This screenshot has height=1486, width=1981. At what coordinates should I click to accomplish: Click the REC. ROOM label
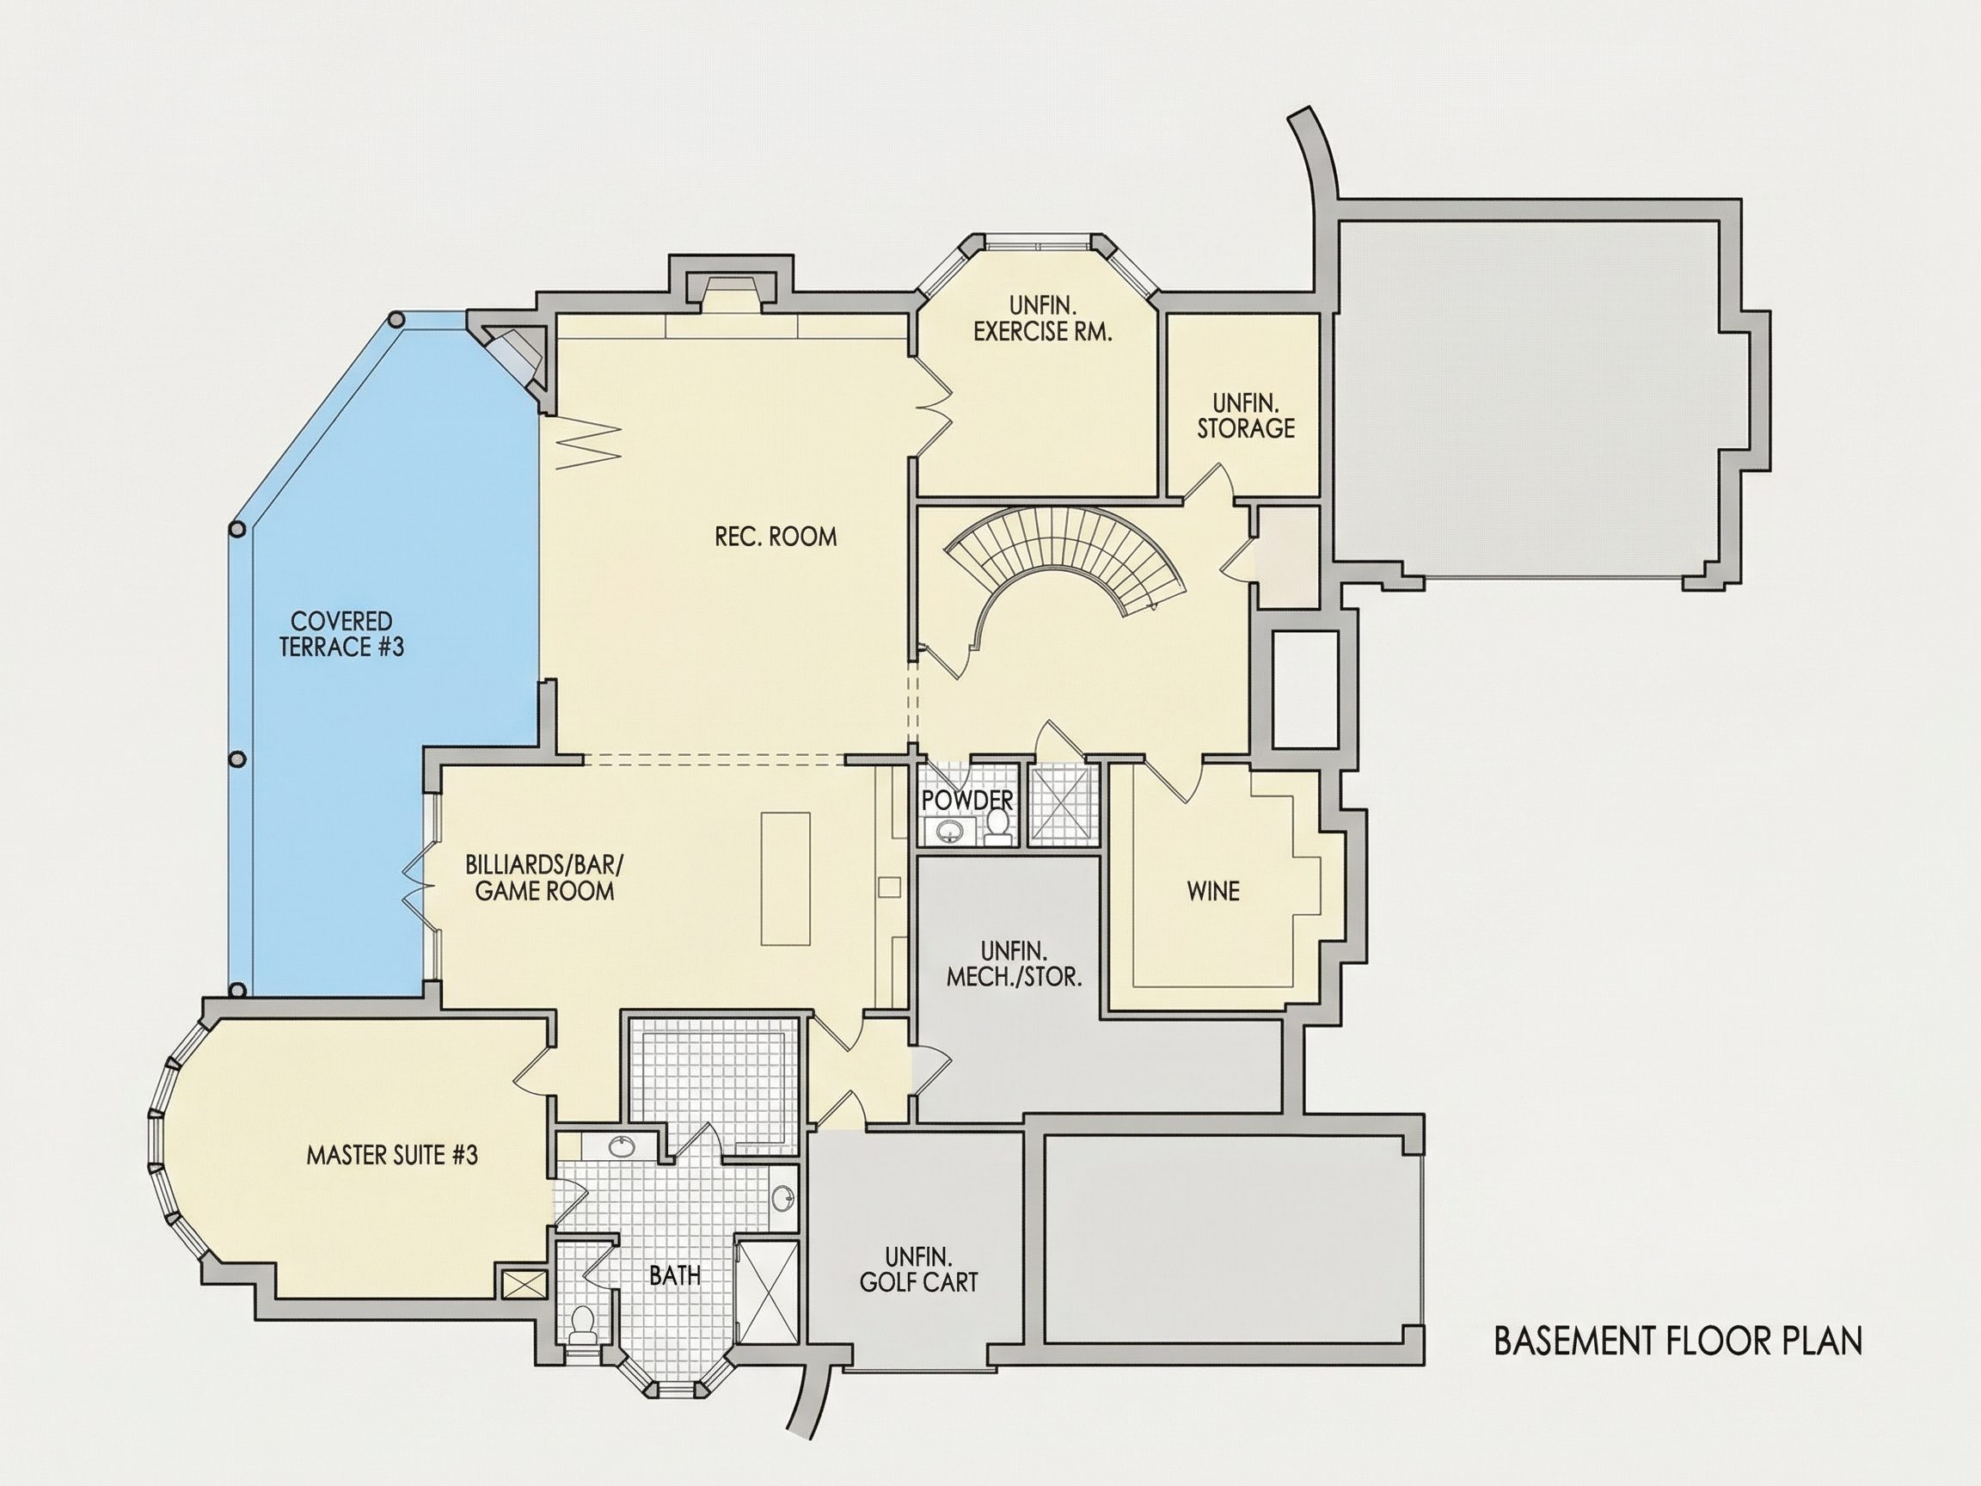point(776,537)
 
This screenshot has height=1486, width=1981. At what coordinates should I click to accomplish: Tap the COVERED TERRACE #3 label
point(341,633)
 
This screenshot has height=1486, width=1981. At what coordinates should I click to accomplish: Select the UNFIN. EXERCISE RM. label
point(1042,319)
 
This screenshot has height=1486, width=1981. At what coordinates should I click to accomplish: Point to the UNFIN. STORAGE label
point(1246,414)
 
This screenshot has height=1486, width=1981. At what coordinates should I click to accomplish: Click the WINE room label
point(1213,890)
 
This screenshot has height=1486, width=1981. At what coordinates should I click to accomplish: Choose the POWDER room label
point(967,800)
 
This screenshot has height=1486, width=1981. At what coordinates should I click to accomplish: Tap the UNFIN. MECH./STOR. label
point(1014,963)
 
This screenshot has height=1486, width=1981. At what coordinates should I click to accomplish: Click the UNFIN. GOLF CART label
point(918,1269)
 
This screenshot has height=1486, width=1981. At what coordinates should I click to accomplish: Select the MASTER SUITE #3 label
point(391,1155)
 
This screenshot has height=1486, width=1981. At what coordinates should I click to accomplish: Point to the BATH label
point(674,1274)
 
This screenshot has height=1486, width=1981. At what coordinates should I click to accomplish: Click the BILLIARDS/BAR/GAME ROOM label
point(543,877)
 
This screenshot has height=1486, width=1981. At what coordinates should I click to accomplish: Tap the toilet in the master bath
point(582,1323)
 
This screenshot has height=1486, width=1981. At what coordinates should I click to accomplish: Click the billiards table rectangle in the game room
point(785,878)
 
